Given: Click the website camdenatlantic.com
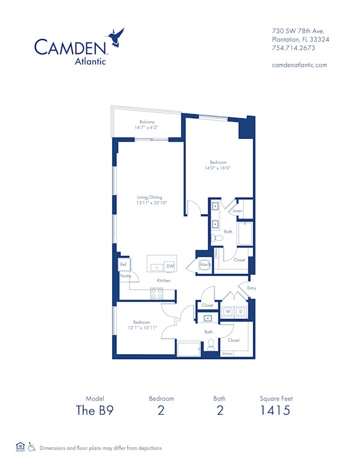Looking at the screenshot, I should [x=299, y=65].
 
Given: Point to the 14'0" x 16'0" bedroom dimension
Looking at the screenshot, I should [x=218, y=168].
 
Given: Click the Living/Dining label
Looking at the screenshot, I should [x=151, y=197].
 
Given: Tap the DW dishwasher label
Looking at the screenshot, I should [x=170, y=266].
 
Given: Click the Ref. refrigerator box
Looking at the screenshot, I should [x=123, y=264].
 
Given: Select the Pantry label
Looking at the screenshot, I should [x=125, y=276].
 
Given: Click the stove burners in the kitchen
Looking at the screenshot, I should [x=156, y=294].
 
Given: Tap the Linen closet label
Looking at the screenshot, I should [x=238, y=211].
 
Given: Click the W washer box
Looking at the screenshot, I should [x=228, y=312].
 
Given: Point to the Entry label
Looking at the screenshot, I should [x=251, y=288].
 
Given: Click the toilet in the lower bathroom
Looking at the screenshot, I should [x=211, y=346].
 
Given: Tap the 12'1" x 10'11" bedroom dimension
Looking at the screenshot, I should [x=141, y=327].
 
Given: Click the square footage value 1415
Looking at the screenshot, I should [x=276, y=411].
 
